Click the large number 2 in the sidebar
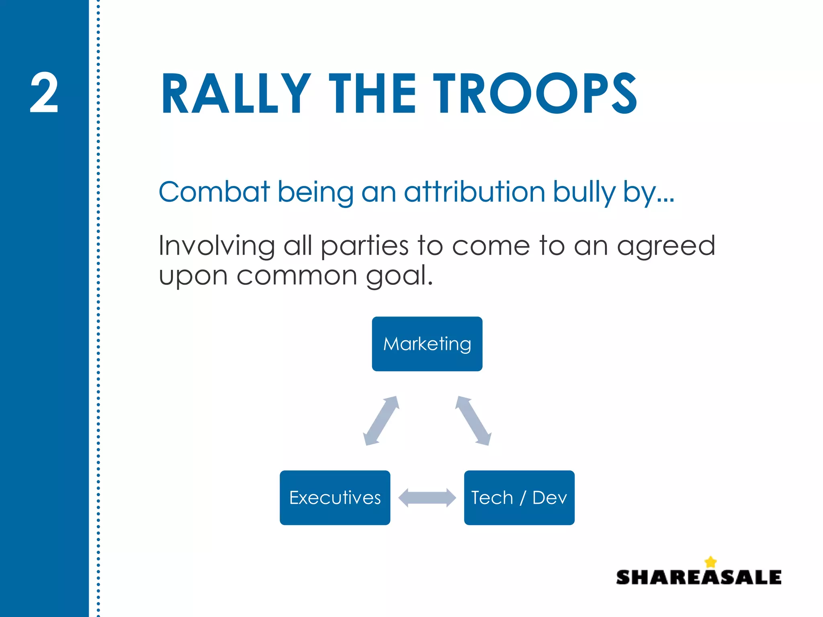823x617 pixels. pos(44,93)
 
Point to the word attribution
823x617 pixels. pos(475,192)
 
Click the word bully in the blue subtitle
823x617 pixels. pos(584,192)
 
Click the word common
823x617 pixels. pos(297,276)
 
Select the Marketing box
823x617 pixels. pos(427,344)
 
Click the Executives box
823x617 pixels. pos(335,498)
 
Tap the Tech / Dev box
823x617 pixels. pos(519,498)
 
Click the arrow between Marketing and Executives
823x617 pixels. pos(381,421)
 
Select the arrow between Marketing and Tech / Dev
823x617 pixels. pos(473,421)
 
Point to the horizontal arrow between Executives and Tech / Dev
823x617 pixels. pos(427,498)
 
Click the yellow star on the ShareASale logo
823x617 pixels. pos(710,562)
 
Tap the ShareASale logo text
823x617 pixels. pos(698,578)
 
